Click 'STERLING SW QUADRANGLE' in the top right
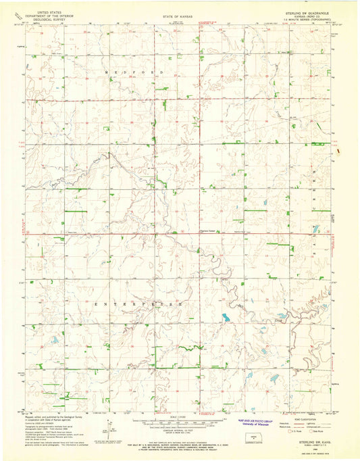coord(308,11)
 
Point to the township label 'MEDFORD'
coord(124,71)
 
